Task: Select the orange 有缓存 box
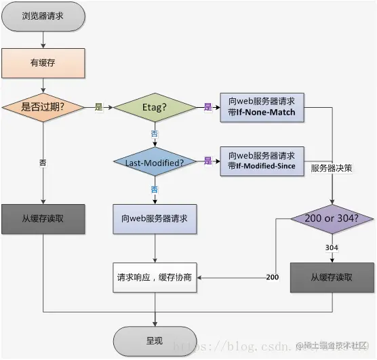[x=44, y=64]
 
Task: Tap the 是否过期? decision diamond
[x=44, y=107]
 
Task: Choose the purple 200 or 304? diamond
[x=332, y=220]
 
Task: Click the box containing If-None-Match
[x=262, y=107]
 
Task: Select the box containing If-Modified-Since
[x=262, y=161]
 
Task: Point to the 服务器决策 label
[x=330, y=167]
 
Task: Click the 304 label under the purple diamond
[x=332, y=247]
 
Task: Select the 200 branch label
[x=272, y=277]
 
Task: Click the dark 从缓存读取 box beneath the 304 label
[x=332, y=277]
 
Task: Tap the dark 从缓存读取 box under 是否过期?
[x=44, y=219]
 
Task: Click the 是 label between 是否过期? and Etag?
[x=98, y=107]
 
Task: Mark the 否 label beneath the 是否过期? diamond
[x=43, y=163]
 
